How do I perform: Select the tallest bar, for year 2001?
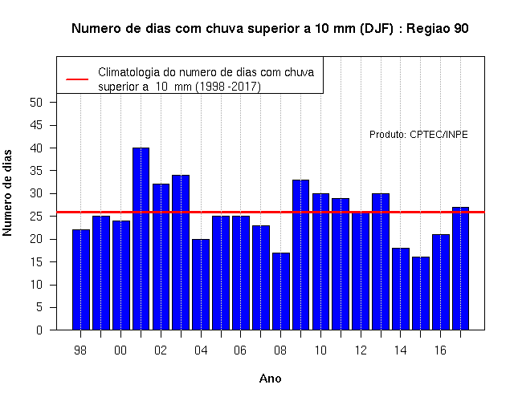tap(141, 239)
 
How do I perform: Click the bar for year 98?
tap(81, 280)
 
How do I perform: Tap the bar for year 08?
tap(281, 291)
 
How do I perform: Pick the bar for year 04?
tap(201, 285)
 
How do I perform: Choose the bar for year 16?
tap(441, 282)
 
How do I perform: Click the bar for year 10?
tap(321, 261)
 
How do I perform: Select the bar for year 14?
tap(401, 289)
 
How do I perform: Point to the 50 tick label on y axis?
tap(36, 103)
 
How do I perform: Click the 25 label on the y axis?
tap(36, 217)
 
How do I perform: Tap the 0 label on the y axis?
tap(39, 330)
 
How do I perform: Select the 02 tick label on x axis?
tap(161, 350)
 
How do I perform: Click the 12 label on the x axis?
tap(361, 350)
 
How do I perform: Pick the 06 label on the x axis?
tap(240, 350)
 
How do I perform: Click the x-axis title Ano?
tap(271, 379)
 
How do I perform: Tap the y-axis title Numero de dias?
tap(7, 192)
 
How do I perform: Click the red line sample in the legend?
tap(77, 79)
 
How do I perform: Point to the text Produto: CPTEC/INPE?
tap(418, 135)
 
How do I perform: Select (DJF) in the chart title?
tap(377, 29)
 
